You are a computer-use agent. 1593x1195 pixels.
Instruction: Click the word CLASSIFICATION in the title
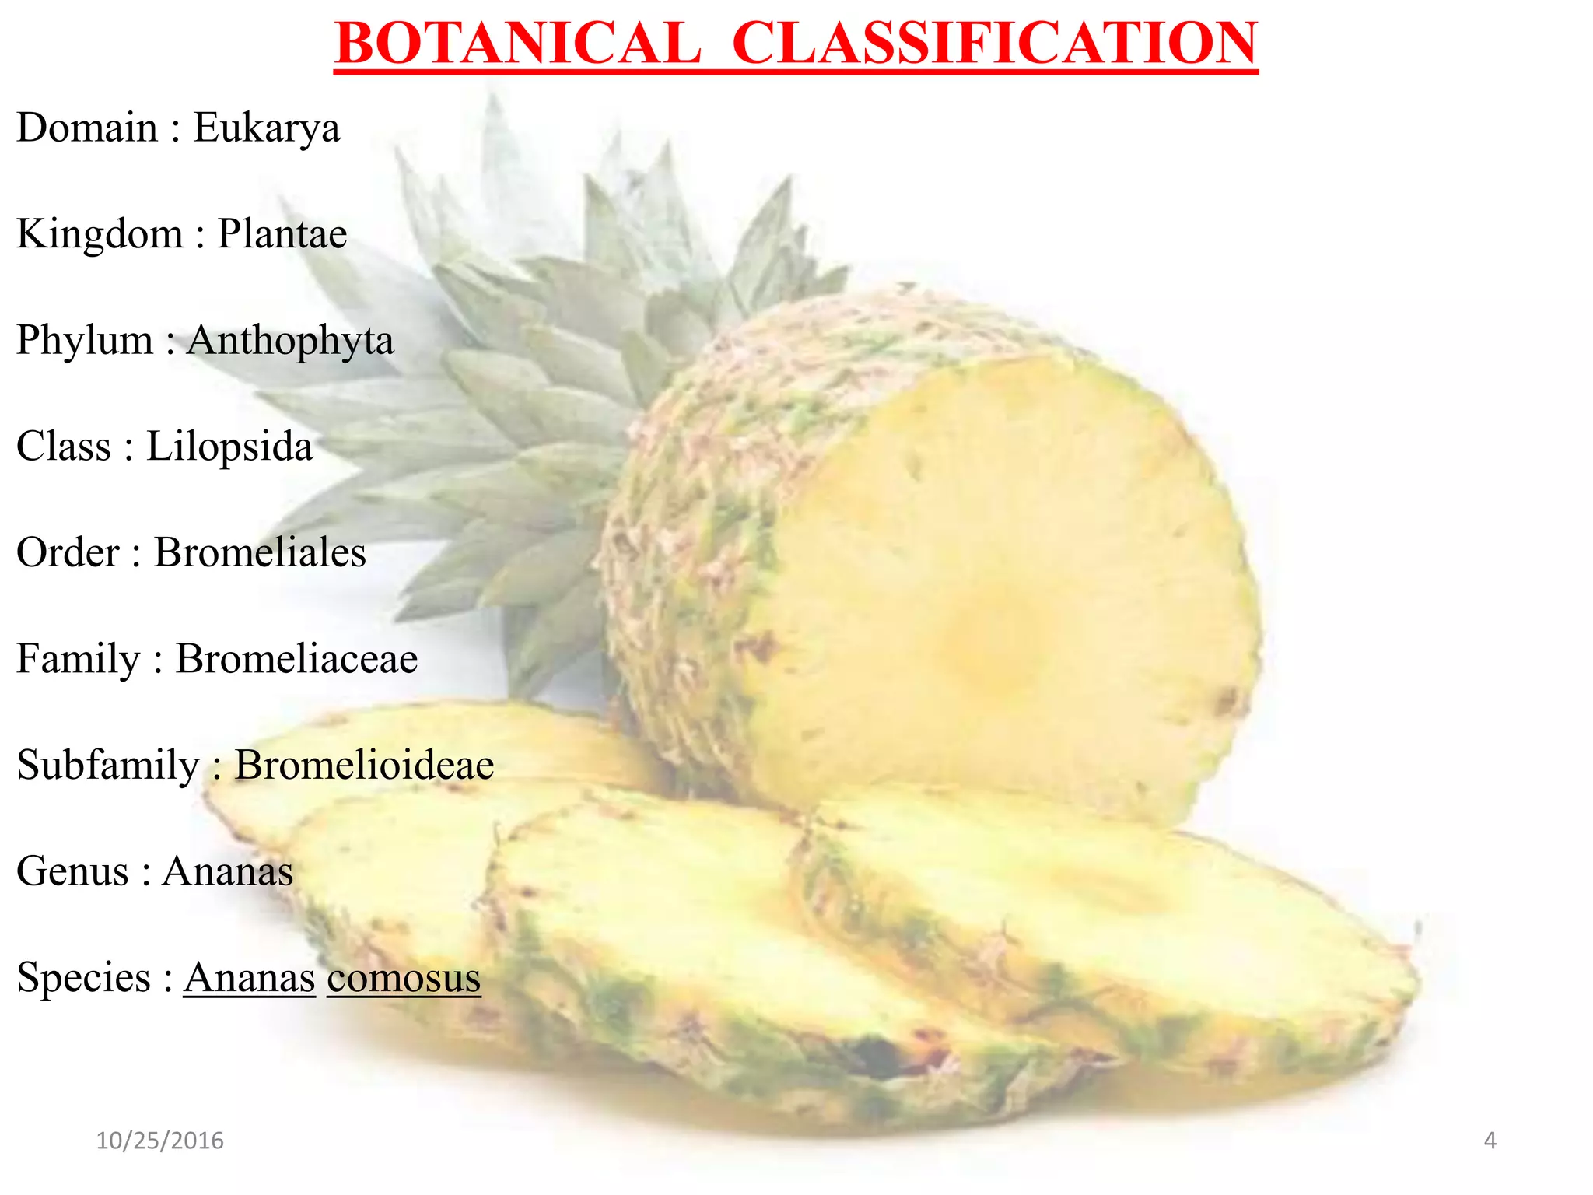click(x=994, y=44)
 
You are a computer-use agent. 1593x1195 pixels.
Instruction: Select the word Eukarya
click(x=266, y=128)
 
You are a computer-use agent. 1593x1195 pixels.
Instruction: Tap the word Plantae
click(x=282, y=234)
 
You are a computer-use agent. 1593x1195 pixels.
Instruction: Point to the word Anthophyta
click(x=290, y=341)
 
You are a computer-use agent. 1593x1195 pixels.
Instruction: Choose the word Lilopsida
click(x=229, y=447)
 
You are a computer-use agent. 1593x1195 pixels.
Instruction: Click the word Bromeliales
click(x=260, y=553)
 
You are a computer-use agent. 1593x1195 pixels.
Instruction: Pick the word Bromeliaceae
click(x=296, y=659)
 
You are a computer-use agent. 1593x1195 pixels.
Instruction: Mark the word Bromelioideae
click(x=364, y=765)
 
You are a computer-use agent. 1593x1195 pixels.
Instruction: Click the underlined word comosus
click(x=404, y=978)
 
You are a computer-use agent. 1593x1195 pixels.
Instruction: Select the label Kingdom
click(x=100, y=234)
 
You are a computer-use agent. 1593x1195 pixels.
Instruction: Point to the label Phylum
click(x=85, y=341)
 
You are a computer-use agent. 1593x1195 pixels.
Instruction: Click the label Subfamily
click(x=108, y=765)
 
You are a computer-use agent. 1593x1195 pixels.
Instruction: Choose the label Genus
click(x=72, y=871)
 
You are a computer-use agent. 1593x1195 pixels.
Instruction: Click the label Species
click(x=83, y=978)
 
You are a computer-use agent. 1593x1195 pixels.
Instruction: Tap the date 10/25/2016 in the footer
click(x=159, y=1141)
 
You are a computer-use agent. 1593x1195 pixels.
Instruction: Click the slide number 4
click(x=1490, y=1141)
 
